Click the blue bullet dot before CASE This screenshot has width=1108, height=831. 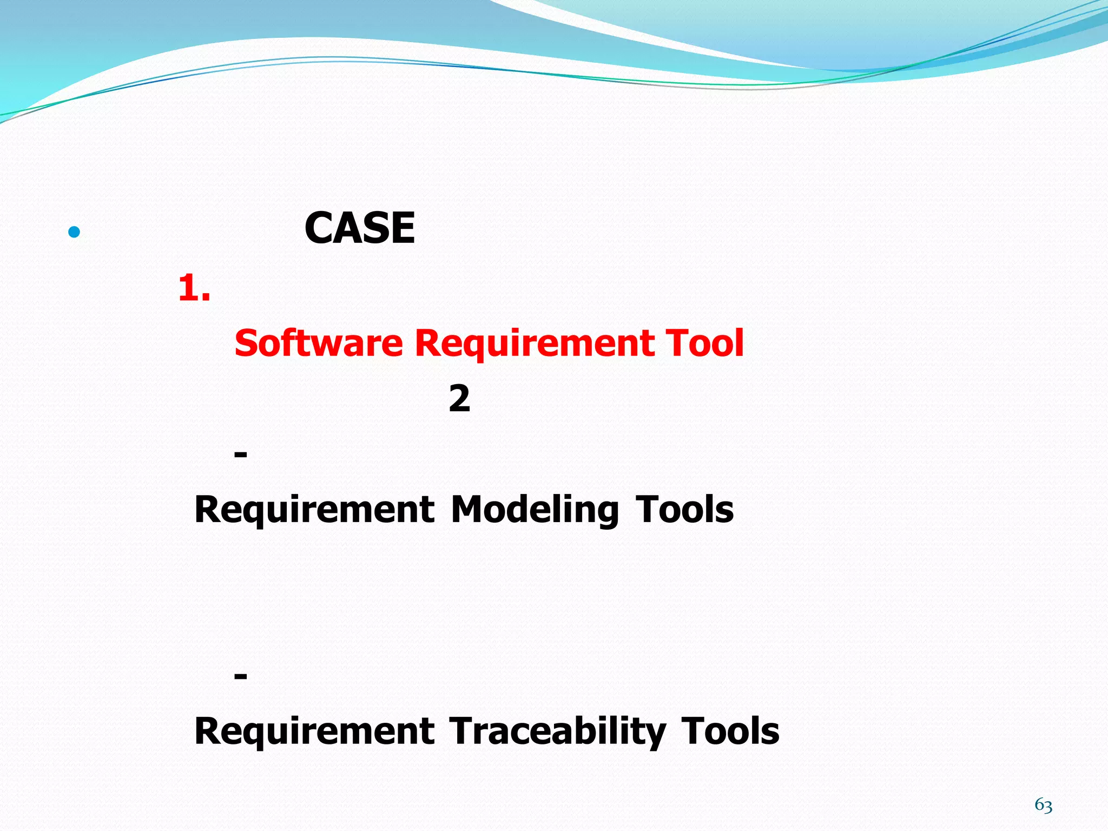click(75, 233)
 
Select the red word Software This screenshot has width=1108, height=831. click(319, 343)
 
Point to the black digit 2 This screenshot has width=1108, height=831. click(459, 399)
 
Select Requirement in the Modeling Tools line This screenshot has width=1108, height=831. click(314, 510)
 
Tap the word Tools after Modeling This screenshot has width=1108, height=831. click(684, 510)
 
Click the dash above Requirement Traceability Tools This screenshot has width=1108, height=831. click(241, 676)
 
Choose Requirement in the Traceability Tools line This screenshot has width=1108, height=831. click(314, 731)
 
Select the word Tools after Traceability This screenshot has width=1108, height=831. click(730, 731)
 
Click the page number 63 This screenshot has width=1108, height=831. click(1043, 806)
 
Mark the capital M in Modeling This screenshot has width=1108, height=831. click(466, 510)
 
